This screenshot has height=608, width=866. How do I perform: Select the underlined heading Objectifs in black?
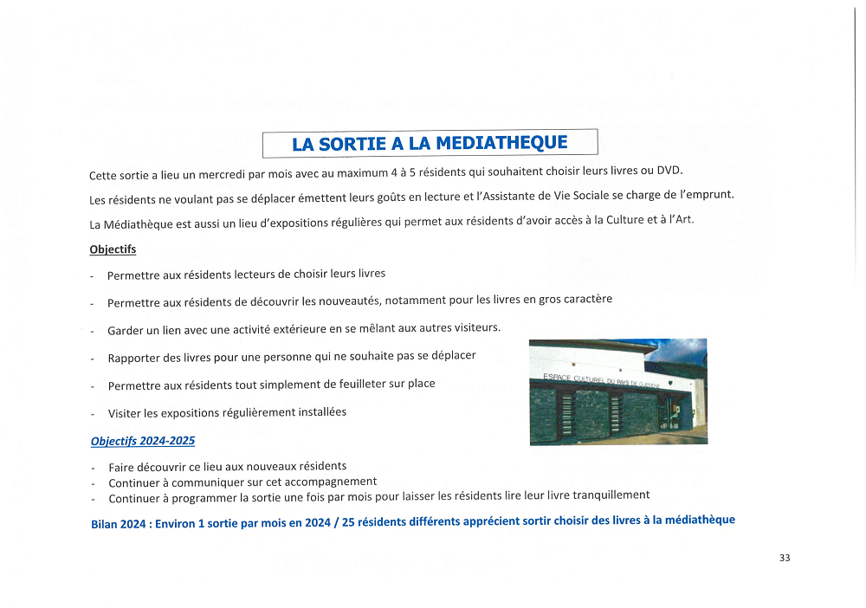pyautogui.click(x=113, y=249)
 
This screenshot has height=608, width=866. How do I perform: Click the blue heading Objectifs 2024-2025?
pyautogui.click(x=143, y=441)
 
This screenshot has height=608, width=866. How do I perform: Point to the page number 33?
pyautogui.click(x=785, y=558)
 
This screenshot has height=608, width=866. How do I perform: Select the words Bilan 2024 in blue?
pyautogui.click(x=119, y=524)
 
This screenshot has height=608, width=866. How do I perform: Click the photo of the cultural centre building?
pyautogui.click(x=617, y=391)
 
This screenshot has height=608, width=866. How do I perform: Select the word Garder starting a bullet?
pyautogui.click(x=126, y=331)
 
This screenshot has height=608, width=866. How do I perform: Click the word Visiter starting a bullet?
pyautogui.click(x=126, y=413)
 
